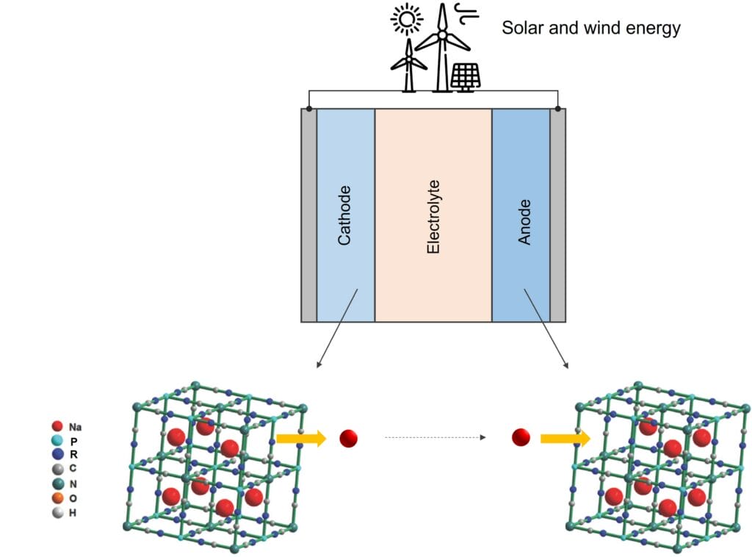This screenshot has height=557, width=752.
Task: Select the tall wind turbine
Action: (x=441, y=44)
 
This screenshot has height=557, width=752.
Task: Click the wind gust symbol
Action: (x=465, y=12)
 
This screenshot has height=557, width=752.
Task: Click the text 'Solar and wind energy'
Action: (x=590, y=29)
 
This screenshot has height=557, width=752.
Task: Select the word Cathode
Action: (x=344, y=215)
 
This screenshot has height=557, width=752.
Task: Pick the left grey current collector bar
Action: (x=309, y=215)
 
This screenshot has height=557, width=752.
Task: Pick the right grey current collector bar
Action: (x=558, y=215)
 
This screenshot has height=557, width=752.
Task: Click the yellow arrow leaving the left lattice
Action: (x=300, y=439)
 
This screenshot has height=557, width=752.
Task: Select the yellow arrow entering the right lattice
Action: (x=565, y=439)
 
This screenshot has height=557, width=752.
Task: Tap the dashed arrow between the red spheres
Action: (x=435, y=438)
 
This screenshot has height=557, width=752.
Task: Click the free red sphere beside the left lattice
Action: (x=348, y=439)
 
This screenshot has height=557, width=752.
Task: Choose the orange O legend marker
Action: (x=57, y=498)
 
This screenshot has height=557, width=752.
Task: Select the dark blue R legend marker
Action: (x=57, y=454)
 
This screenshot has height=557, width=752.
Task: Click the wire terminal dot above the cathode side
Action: (x=309, y=109)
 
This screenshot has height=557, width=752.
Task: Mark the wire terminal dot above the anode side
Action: (x=558, y=109)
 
